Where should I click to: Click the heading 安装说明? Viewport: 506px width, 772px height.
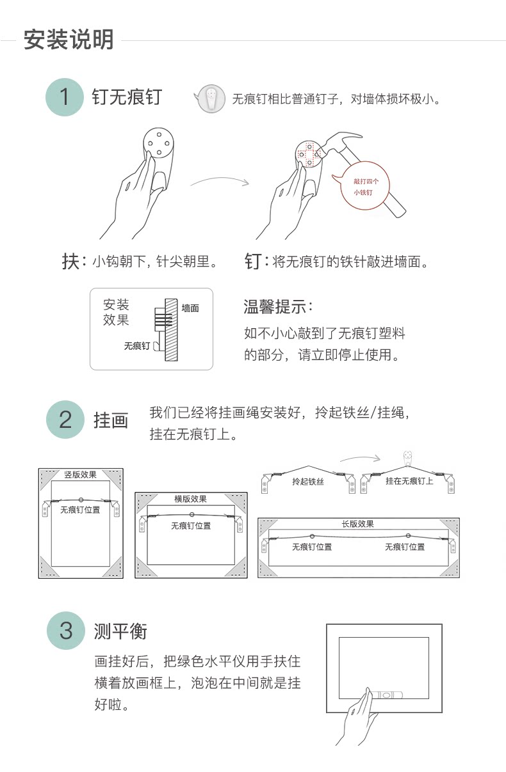69,40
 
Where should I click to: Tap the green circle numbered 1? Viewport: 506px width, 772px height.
64,97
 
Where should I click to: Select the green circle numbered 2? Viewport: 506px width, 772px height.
65,420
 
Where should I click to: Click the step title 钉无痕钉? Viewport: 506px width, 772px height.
127,97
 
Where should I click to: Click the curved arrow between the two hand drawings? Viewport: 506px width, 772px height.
219,181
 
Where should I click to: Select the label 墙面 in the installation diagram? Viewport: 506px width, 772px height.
190,308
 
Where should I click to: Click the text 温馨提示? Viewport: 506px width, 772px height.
278,306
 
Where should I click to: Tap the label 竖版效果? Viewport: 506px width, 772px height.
81,475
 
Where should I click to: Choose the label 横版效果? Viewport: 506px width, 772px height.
191,499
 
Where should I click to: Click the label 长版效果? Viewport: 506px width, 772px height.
357,524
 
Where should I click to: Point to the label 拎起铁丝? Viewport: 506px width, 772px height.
308,482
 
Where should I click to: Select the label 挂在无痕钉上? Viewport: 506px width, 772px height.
409,481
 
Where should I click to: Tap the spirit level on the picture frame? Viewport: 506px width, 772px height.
387,693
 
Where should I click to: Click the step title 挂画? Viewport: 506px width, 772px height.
111,420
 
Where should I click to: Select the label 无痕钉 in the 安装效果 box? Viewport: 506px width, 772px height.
136,346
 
